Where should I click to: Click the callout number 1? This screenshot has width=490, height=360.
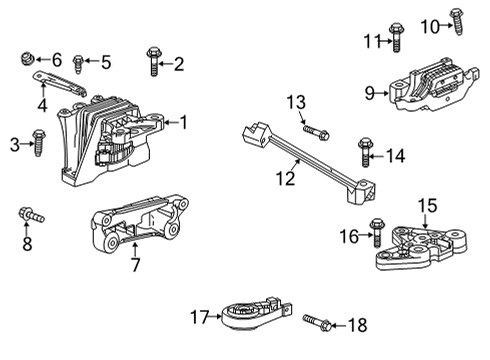pyautogui.click(x=183, y=122)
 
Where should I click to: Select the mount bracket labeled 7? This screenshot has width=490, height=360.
pyautogui.click(x=140, y=230)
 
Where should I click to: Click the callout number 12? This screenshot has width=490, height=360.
pyautogui.click(x=287, y=178)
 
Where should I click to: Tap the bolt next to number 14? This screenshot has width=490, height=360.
pyautogui.click(x=365, y=153)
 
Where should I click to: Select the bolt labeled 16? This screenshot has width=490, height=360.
pyautogui.click(x=377, y=232)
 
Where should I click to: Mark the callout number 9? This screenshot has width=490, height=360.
pyautogui.click(x=369, y=93)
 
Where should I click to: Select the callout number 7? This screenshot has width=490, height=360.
pyautogui.click(x=136, y=267)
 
